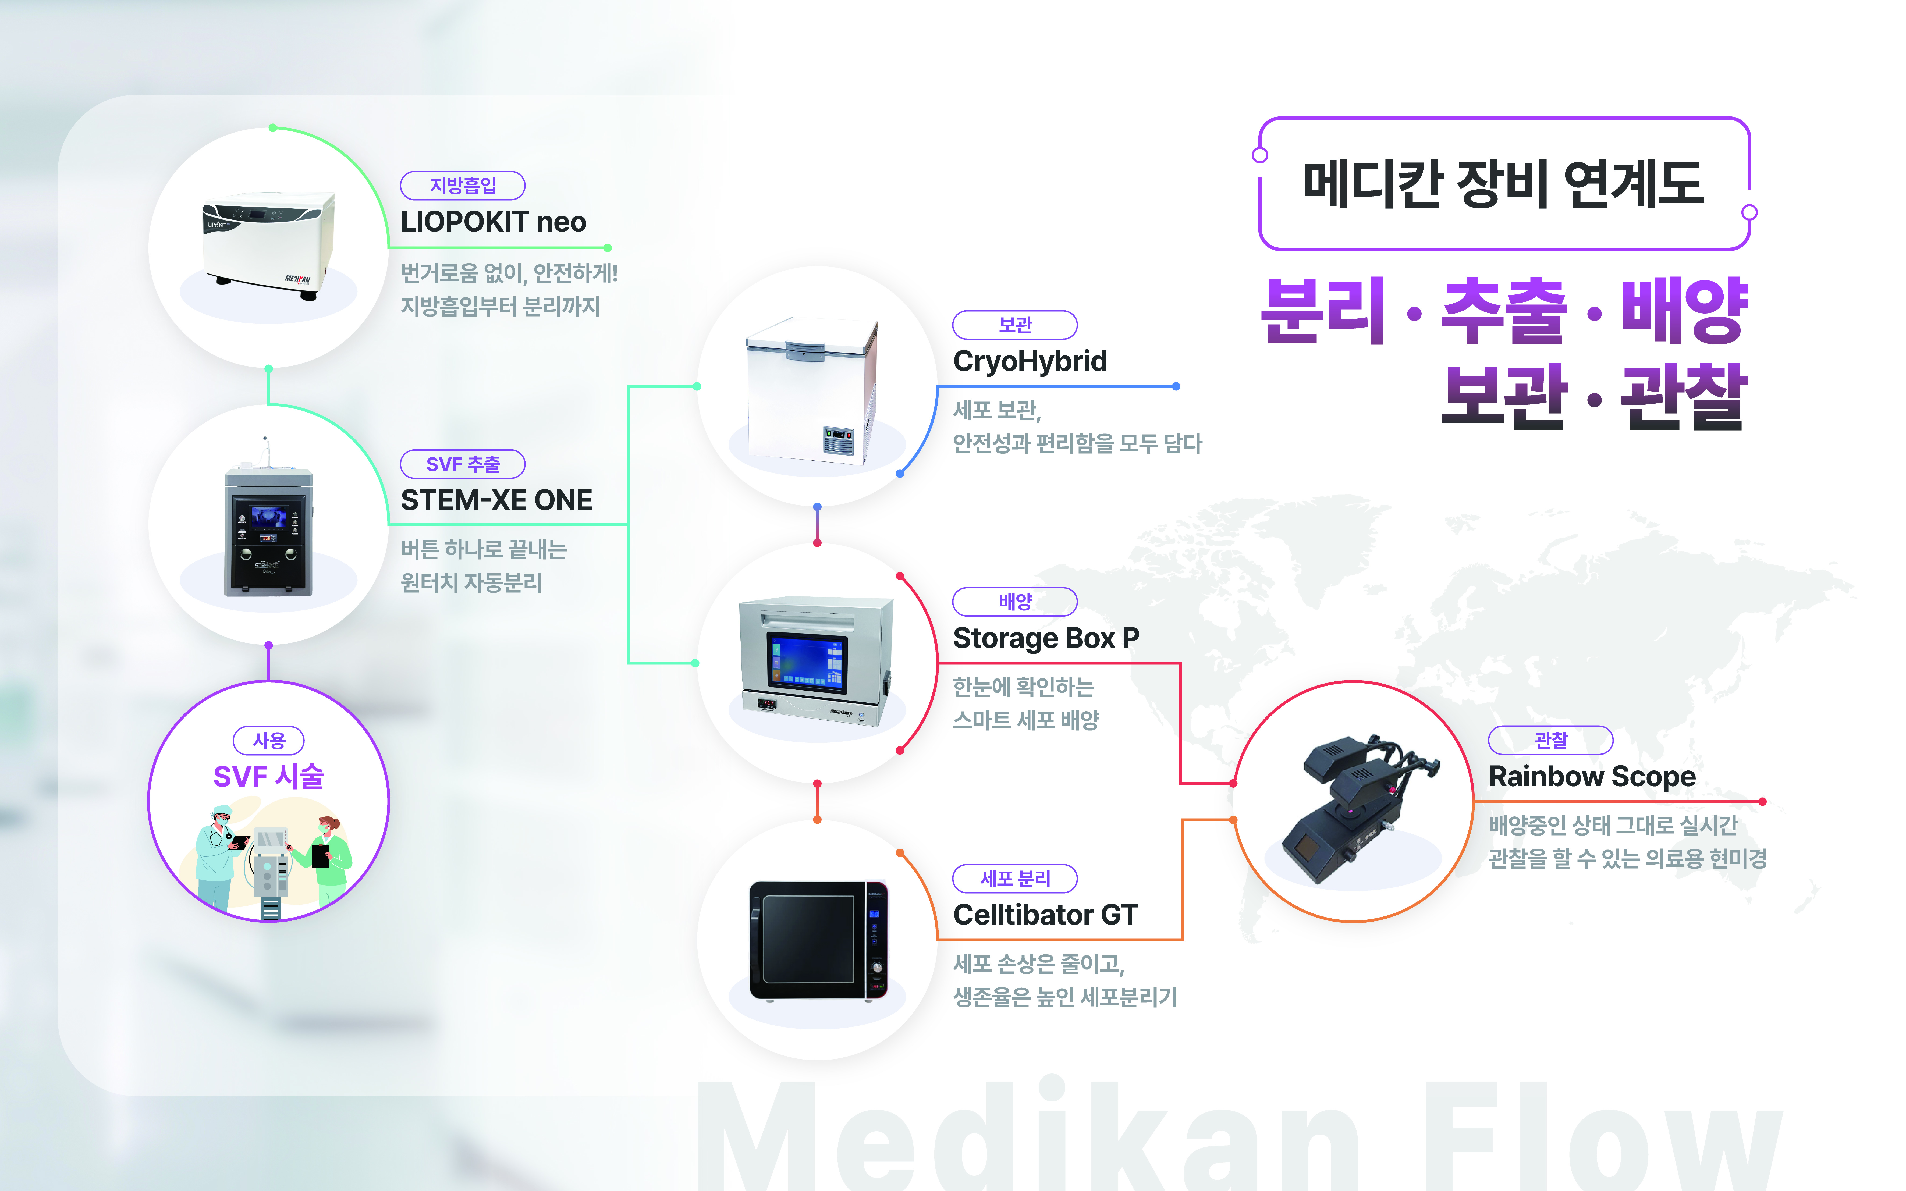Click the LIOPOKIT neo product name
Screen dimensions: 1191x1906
point(493,222)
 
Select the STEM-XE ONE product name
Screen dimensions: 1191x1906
point(496,500)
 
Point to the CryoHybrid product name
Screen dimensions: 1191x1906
point(1030,362)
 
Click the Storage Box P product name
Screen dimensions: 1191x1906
point(1045,638)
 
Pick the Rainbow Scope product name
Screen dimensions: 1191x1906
point(1591,777)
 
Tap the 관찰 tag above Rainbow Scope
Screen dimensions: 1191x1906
point(1550,740)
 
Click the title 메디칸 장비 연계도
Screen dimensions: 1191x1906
point(1503,184)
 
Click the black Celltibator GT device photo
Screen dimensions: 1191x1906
point(818,940)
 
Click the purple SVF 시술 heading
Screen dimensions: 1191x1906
point(269,777)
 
